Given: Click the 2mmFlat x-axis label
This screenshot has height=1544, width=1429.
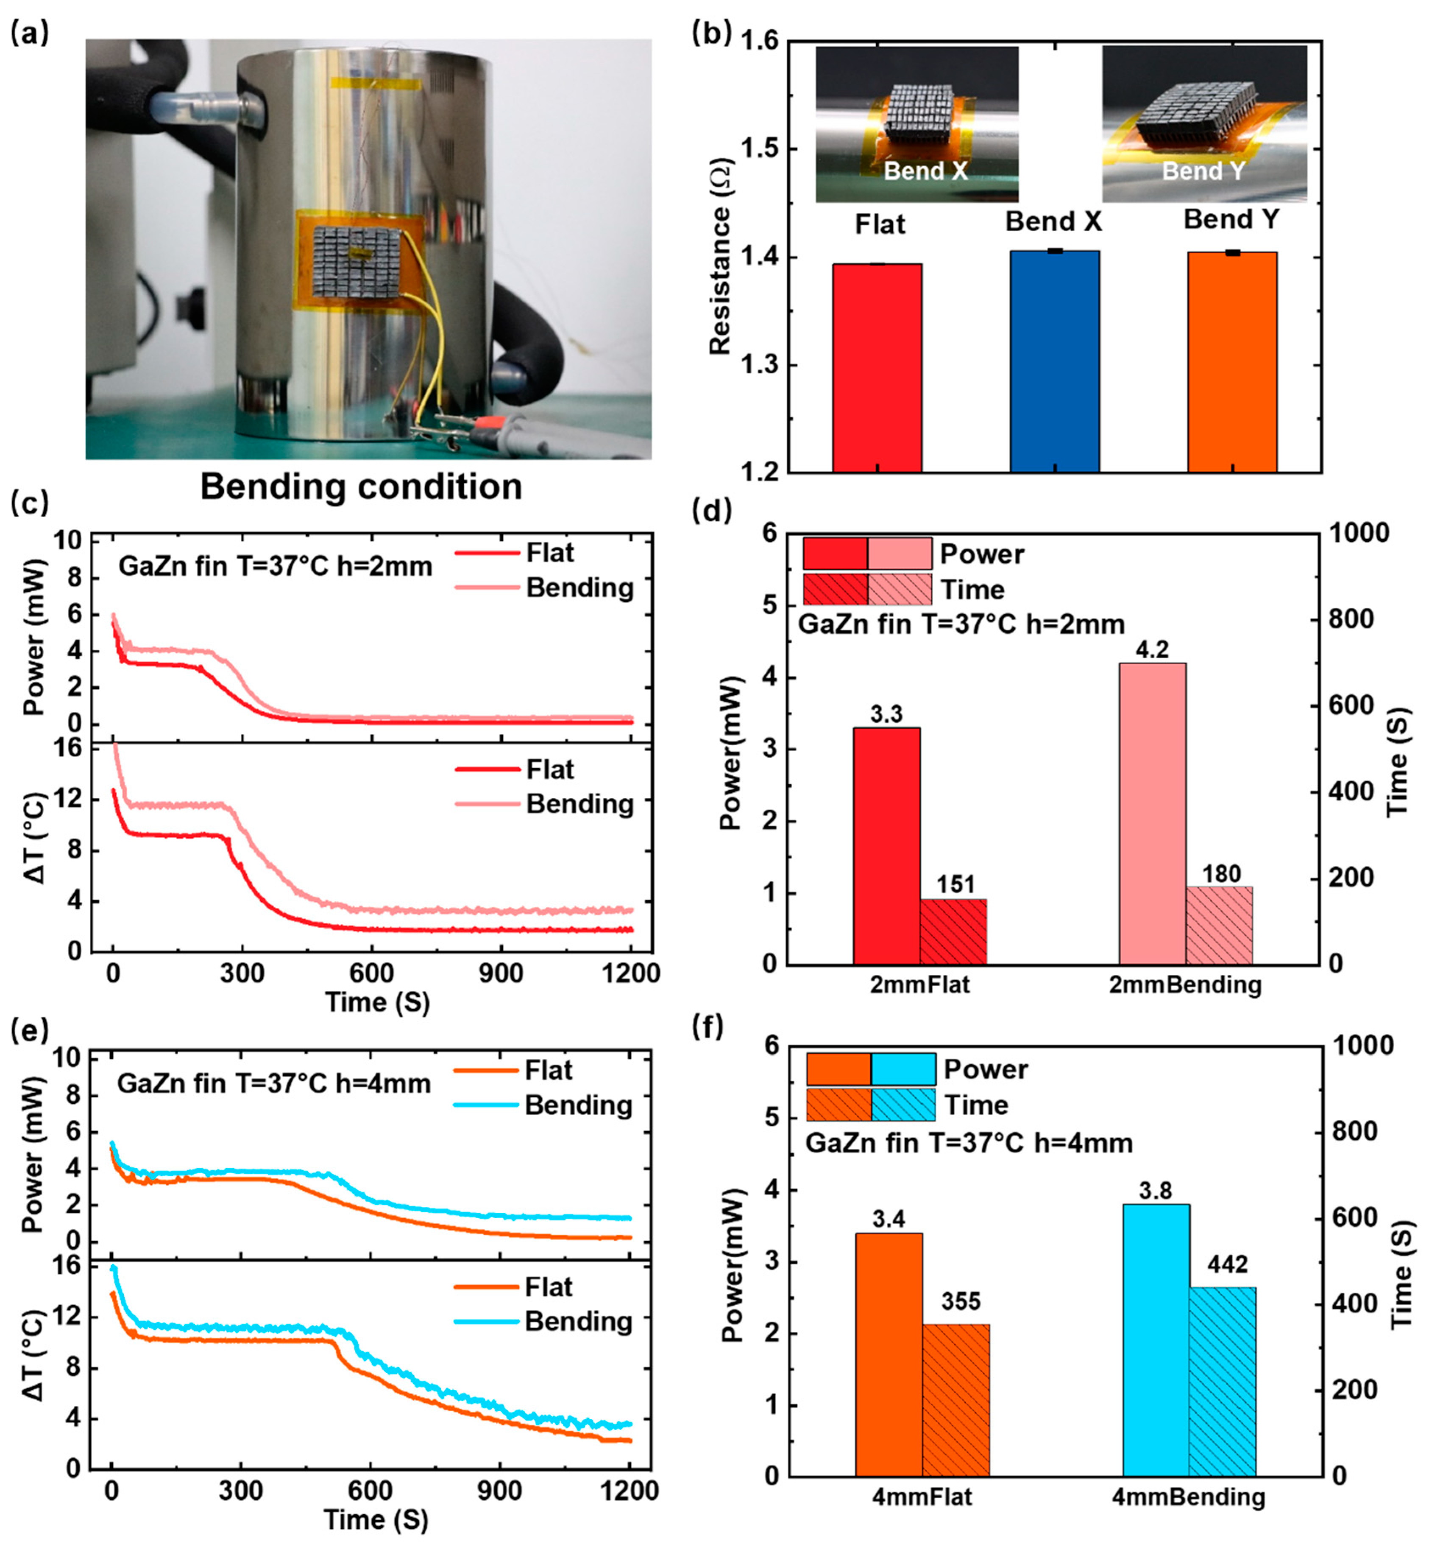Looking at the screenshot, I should (919, 985).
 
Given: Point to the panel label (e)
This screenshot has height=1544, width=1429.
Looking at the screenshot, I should (29, 1031).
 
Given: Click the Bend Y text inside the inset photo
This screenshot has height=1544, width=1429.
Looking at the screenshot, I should (1203, 171).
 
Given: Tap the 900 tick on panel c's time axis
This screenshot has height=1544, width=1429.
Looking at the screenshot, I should (500, 973).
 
